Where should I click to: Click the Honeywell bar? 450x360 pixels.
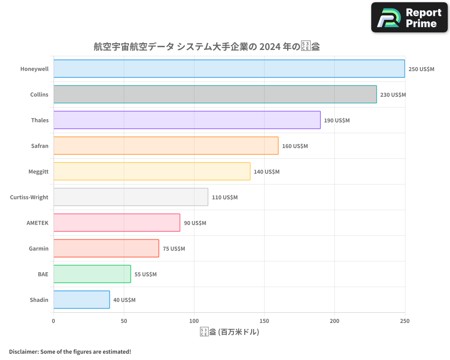229,69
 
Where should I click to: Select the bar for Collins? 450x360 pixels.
215,94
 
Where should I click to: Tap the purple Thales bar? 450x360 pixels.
187,120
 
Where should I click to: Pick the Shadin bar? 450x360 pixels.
81,300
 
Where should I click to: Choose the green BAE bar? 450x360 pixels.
92,274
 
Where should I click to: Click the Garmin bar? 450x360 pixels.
106,248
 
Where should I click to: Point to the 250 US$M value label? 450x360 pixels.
421,69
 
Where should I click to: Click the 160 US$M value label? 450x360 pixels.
295,146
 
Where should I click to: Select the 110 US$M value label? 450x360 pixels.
225,198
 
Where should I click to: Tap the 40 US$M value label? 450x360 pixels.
124,300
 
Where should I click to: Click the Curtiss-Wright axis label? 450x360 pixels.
29,198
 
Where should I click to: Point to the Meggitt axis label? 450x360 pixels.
38,172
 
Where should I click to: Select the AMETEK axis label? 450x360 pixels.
37,223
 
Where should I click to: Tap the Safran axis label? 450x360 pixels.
40,146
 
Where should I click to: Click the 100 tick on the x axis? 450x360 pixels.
194,321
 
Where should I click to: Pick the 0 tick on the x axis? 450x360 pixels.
54,321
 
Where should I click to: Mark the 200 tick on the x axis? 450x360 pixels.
334,321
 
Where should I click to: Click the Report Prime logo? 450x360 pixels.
409,18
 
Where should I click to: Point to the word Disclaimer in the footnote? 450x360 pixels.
23,351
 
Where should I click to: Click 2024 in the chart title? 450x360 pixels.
267,47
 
